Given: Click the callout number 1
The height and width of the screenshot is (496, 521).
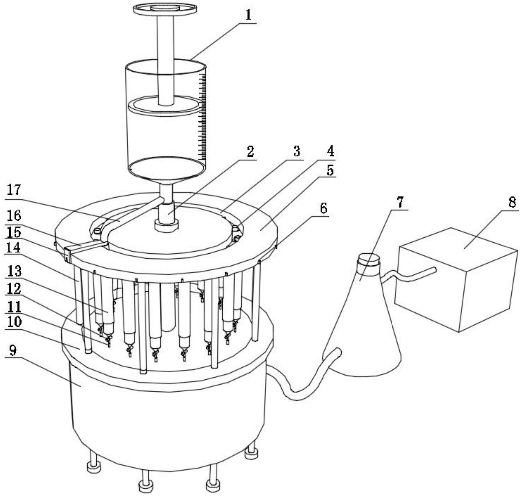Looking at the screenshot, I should [248, 16].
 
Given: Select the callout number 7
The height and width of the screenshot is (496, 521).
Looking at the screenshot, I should [400, 202].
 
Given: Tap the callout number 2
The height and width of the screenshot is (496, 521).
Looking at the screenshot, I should [250, 152].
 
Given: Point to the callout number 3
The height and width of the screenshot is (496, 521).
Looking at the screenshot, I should [297, 152].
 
